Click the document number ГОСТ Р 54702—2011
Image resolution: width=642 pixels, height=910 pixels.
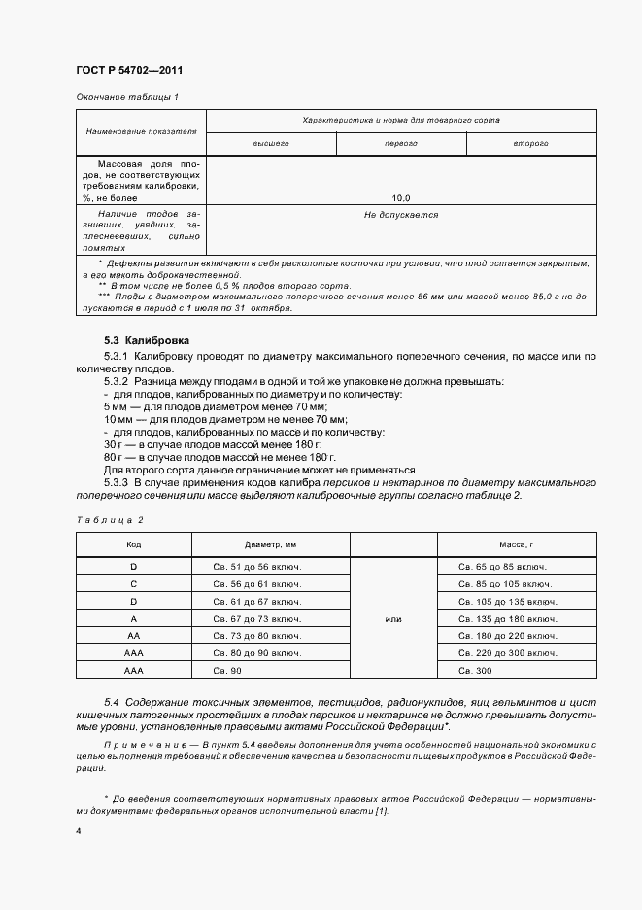coord(129,71)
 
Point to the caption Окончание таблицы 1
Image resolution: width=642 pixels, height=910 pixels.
coord(126,97)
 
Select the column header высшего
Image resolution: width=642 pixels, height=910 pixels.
coord(271,143)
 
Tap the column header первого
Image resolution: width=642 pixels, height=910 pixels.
coord(401,143)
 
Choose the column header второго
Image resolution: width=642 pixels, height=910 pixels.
coord(531,143)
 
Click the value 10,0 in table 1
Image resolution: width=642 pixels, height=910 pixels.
coord(401,197)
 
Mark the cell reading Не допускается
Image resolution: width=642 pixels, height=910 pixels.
coord(401,215)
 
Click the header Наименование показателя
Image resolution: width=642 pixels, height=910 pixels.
coord(141,130)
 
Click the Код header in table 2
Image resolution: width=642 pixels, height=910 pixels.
coord(133,545)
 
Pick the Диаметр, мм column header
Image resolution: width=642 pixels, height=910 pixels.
coord(270,545)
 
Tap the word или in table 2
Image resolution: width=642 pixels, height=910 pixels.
coord(392,618)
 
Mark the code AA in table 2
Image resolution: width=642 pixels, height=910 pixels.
coord(133,636)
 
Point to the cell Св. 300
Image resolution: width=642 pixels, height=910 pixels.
coord(476,671)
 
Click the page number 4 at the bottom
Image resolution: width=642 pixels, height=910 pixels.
coord(78,831)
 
